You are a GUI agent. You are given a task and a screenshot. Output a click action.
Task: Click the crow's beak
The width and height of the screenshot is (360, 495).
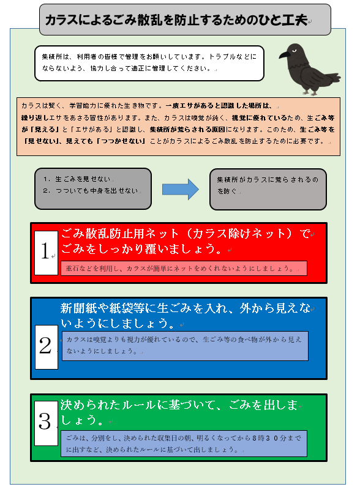(x=285, y=55)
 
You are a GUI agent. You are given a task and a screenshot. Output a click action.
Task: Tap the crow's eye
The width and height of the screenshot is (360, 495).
(x=295, y=51)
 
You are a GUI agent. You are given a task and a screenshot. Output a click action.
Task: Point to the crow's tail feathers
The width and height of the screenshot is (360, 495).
(x=332, y=78)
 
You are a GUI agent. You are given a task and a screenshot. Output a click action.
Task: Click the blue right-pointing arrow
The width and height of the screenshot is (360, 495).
(x=181, y=190)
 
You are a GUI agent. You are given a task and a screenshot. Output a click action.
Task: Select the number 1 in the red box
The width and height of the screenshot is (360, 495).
(x=46, y=251)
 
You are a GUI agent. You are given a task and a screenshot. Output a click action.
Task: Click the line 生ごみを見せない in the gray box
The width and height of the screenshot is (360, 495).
(x=83, y=179)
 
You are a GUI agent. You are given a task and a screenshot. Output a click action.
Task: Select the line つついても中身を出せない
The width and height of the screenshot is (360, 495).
(x=97, y=191)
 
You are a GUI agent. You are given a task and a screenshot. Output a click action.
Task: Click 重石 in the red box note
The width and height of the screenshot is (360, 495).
(x=72, y=269)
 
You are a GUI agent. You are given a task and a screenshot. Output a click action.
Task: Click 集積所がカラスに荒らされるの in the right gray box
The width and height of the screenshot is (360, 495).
(x=268, y=180)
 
